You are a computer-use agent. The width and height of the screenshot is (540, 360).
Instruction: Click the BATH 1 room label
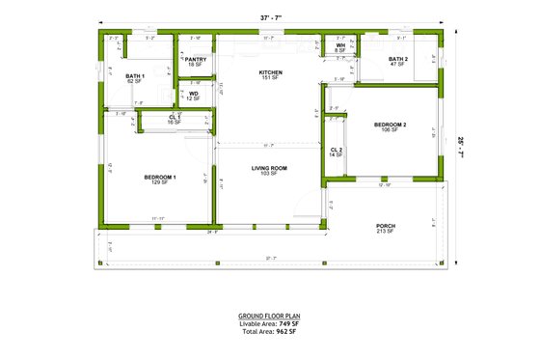point(135,75)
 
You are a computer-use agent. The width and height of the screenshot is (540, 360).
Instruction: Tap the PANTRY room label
point(196,59)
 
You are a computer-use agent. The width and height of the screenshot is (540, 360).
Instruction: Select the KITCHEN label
point(270,72)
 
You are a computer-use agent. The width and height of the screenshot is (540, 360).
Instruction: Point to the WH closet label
point(340,45)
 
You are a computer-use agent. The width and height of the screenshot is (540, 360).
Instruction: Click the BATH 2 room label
point(398,59)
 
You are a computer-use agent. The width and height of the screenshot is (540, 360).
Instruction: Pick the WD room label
point(193,94)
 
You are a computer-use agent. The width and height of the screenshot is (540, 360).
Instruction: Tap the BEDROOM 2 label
point(391,125)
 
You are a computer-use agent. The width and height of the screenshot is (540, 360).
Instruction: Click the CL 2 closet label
point(336,150)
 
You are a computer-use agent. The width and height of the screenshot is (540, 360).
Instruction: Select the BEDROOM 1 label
point(159,178)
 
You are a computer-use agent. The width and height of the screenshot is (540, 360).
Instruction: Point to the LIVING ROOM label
point(270,168)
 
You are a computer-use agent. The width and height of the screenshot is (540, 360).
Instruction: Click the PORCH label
point(386,227)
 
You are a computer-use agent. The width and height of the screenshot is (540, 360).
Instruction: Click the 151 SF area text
point(270,78)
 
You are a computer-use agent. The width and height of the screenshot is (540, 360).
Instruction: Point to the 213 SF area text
point(386,233)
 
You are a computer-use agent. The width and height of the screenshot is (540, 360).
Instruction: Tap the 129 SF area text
point(159,183)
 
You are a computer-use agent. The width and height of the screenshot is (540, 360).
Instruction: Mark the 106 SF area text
point(391,130)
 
